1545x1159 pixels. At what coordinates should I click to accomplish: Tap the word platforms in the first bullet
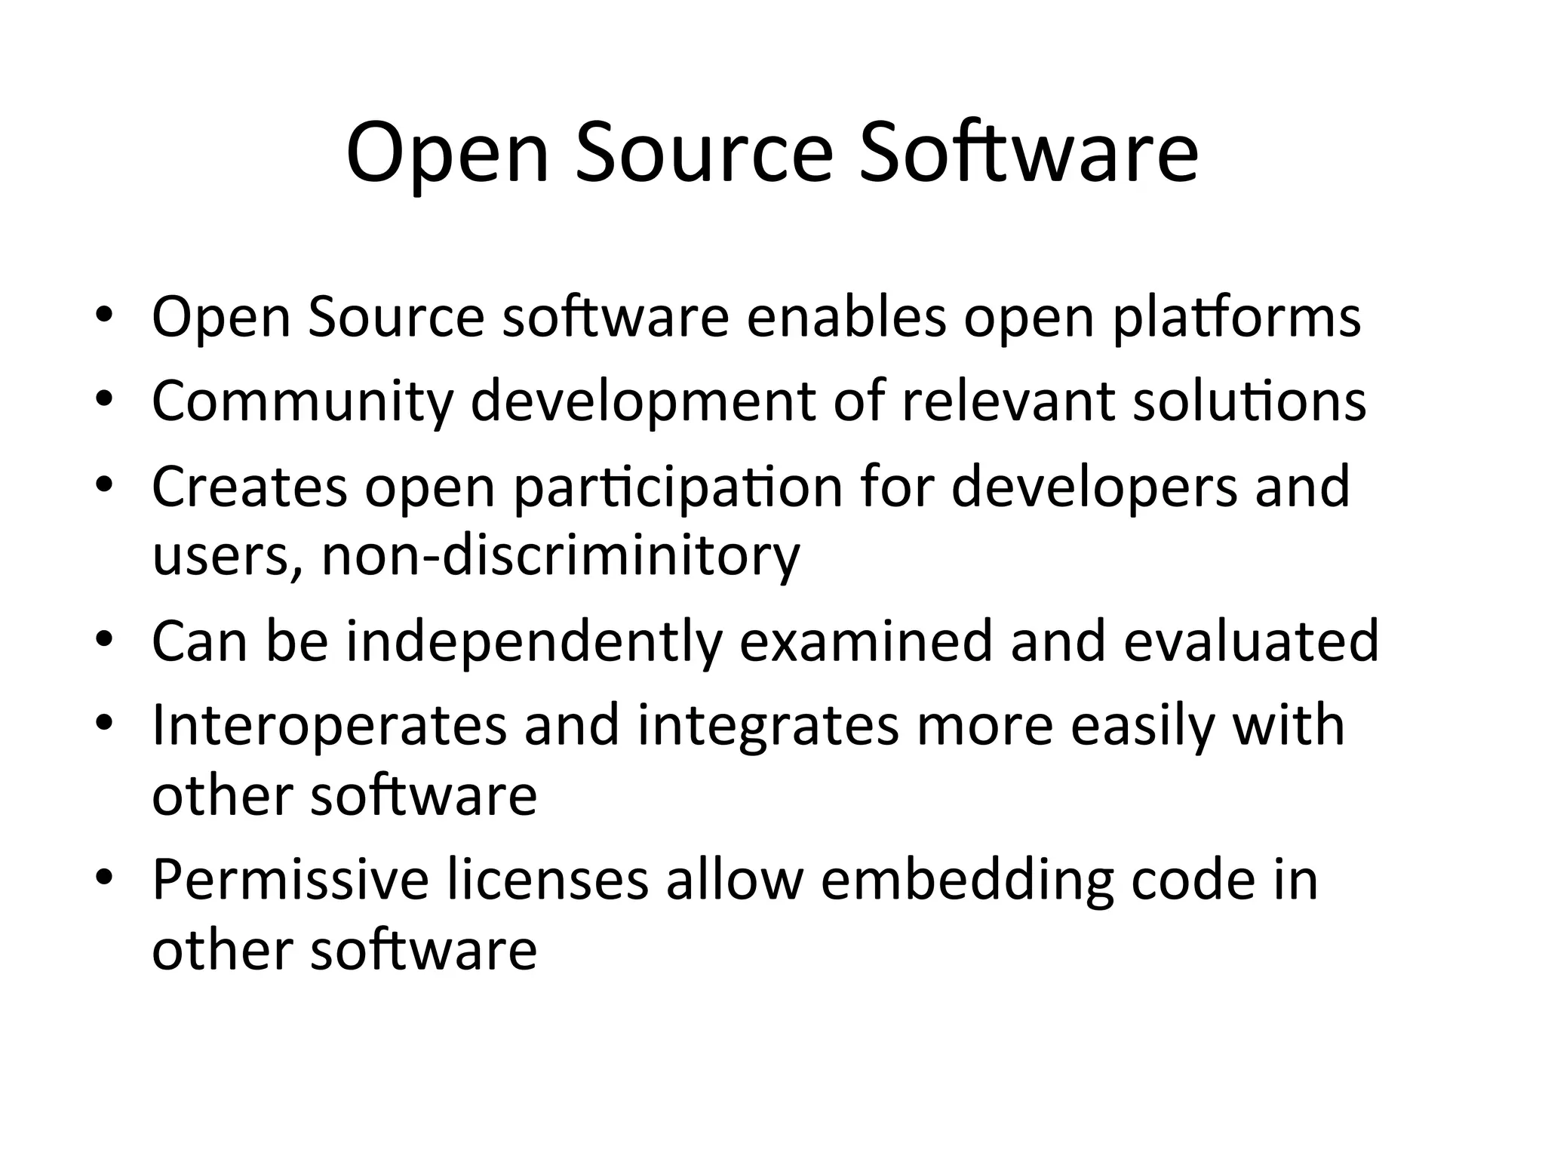(1237, 318)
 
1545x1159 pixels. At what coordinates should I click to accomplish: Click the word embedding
(966, 881)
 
